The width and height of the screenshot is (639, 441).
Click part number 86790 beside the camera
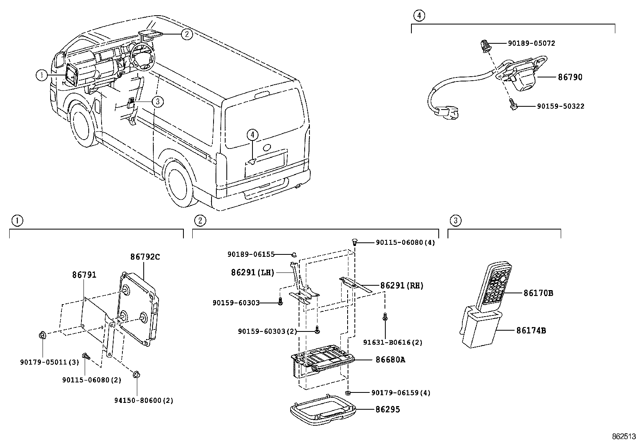570,77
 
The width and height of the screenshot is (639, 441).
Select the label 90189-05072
531,43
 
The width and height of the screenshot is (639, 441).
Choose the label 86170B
538,293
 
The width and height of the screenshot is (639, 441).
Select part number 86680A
390,360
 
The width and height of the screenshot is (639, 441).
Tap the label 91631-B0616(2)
393,342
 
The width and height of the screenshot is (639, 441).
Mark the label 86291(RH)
401,286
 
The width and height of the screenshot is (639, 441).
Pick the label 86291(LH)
252,272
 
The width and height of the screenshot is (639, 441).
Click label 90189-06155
251,254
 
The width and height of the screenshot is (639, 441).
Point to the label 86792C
144,257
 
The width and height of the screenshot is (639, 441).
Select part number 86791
84,275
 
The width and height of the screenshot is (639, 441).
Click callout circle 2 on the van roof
186,34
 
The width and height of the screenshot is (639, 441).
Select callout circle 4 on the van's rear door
252,135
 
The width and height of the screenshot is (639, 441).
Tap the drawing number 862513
624,436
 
